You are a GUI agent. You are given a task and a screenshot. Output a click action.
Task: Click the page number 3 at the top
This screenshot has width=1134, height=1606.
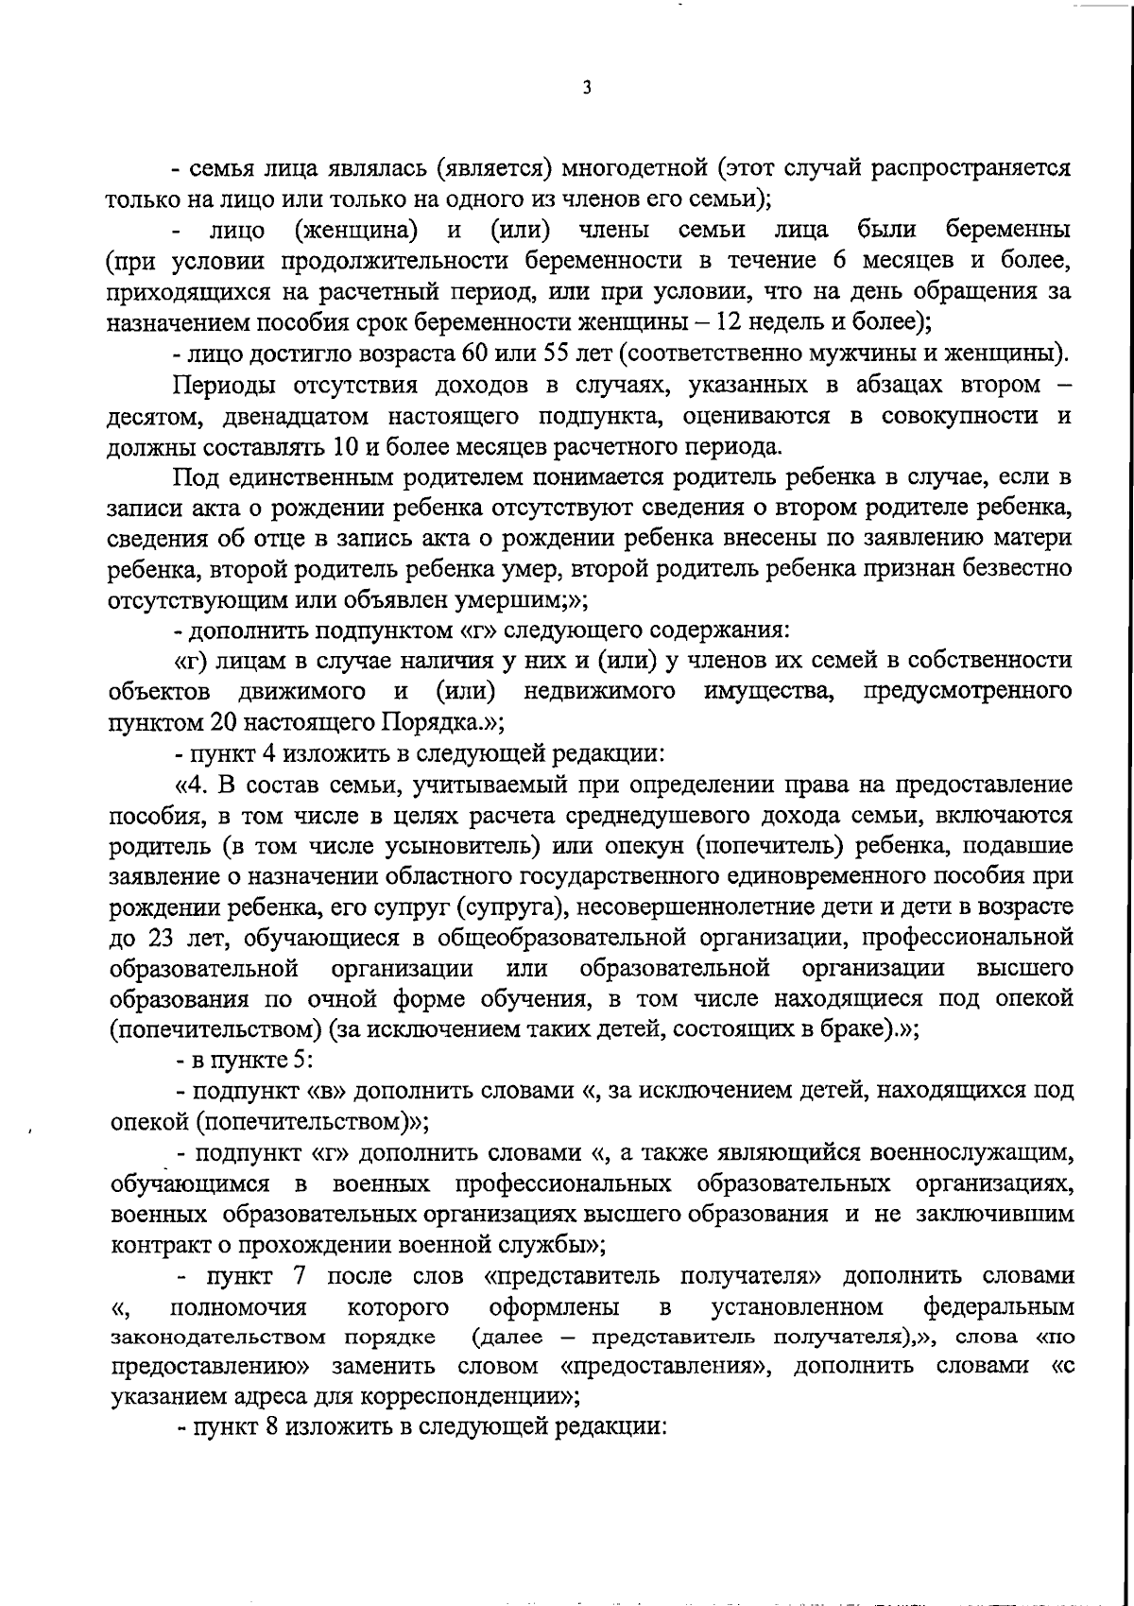point(587,87)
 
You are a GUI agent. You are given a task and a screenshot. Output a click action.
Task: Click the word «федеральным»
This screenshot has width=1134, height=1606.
point(998,1307)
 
